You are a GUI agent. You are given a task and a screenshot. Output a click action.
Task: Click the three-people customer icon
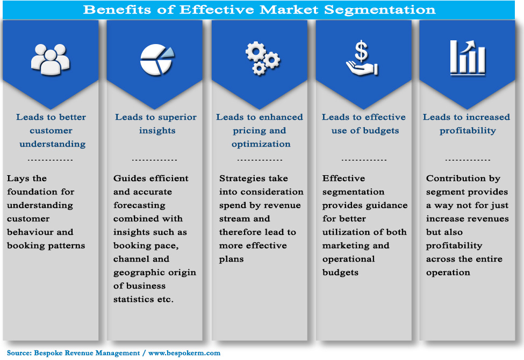tap(51, 58)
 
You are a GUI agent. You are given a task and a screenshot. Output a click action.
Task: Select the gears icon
tap(262, 59)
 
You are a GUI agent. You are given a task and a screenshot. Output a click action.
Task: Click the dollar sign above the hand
tap(362, 52)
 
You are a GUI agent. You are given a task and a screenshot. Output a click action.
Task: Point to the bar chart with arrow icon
tap(467, 57)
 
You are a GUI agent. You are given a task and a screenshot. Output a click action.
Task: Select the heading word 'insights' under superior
tap(156, 131)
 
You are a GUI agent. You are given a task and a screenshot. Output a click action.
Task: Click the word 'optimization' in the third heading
tap(261, 144)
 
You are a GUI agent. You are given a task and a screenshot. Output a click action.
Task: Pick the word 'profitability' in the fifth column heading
tap(468, 131)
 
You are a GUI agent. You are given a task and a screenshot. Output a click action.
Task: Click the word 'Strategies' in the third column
tap(242, 178)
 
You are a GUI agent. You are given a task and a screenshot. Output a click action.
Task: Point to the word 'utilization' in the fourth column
tap(346, 232)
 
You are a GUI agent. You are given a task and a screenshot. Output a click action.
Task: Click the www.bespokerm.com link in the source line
tap(184, 353)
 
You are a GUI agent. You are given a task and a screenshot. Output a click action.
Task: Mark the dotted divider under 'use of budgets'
tap(364, 160)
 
